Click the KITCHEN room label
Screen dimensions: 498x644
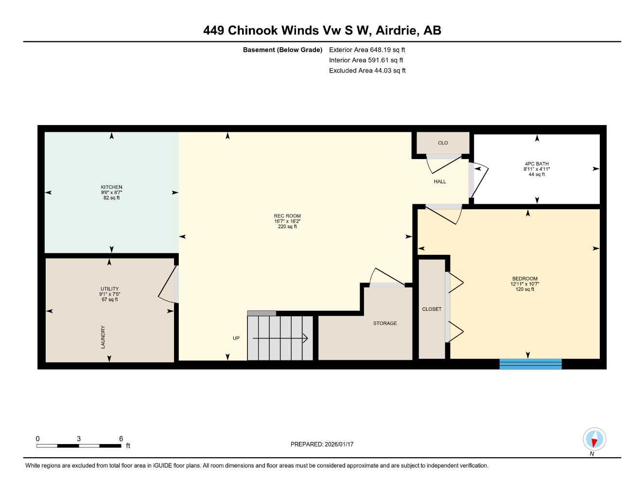[x=111, y=187]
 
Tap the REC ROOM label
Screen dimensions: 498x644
[x=287, y=216]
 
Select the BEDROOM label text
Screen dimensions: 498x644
[x=524, y=279]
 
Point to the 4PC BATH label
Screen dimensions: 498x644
[x=537, y=164]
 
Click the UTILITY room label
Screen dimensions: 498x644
[x=109, y=289]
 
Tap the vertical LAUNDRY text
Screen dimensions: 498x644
[x=103, y=337]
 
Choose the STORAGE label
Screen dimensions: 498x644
[x=385, y=323]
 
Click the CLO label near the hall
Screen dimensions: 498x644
[x=443, y=143]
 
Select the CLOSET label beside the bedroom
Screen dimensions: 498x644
[x=432, y=309]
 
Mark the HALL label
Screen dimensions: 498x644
[x=440, y=181]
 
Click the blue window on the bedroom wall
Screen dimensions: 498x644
[x=530, y=364]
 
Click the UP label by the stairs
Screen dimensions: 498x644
[x=236, y=338]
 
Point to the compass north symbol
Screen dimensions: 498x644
[x=594, y=439]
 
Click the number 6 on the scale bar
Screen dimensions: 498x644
[x=121, y=439]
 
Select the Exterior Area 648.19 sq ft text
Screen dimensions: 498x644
[x=367, y=50]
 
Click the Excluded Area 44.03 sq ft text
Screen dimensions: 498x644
[x=367, y=71]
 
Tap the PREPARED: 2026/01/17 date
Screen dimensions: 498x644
[x=322, y=444]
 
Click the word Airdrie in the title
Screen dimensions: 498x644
[x=397, y=30]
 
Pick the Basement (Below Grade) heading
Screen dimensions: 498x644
[x=282, y=50]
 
